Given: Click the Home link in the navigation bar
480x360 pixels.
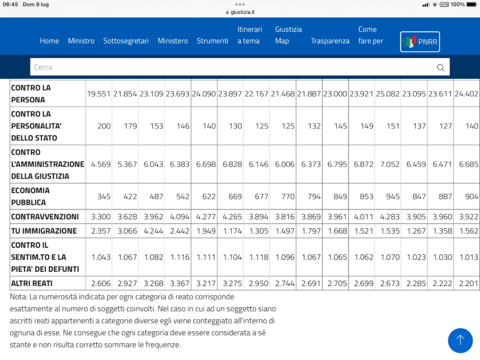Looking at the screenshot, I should [49, 41].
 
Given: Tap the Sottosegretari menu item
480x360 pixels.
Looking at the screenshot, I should [126, 41].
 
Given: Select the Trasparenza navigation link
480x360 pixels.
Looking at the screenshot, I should [330, 41].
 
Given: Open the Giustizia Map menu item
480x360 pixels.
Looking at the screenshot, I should [288, 35].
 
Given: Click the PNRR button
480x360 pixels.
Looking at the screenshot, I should [420, 41].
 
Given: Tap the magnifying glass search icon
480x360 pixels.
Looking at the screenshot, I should [441, 67].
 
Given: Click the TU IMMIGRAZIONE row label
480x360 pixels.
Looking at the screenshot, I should [44, 231].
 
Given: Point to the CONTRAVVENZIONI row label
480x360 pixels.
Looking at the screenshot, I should [44, 216].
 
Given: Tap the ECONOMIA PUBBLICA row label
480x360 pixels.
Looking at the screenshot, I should [30, 196].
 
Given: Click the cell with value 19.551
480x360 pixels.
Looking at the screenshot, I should [98, 94].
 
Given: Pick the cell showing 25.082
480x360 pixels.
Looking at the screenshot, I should [388, 94].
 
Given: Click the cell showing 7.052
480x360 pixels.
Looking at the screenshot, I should [388, 163].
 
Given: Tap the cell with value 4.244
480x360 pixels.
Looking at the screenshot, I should [151, 231].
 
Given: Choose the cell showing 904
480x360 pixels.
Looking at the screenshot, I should [471, 196].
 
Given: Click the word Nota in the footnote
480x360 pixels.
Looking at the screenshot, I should [19, 297].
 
